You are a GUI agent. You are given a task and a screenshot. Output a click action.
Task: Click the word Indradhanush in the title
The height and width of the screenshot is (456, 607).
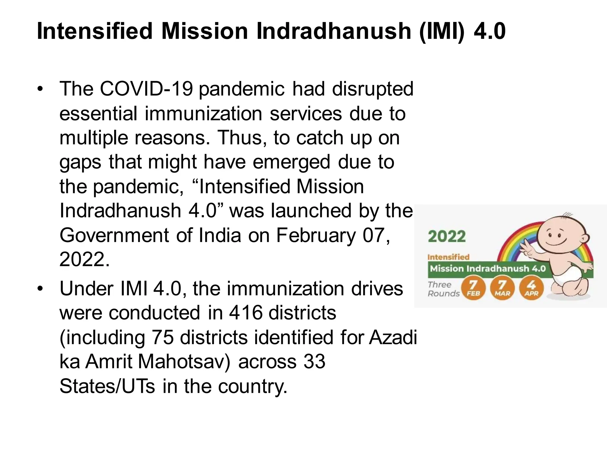[x=333, y=31]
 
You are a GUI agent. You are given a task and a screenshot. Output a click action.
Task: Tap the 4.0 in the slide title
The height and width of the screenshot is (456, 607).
[x=489, y=31]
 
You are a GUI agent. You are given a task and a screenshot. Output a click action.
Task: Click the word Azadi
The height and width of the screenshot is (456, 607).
[x=393, y=338]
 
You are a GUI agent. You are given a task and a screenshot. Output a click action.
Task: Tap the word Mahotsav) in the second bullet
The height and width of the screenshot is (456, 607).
[x=183, y=362]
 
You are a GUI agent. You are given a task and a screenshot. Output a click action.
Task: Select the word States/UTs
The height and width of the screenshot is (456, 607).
[x=107, y=386]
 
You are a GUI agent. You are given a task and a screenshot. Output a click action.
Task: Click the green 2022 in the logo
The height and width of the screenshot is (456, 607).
[x=447, y=237]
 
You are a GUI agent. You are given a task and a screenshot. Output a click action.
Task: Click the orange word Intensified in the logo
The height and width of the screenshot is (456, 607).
[x=448, y=257]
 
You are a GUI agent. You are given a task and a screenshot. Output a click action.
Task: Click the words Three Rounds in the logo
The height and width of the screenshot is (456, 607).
[x=443, y=289]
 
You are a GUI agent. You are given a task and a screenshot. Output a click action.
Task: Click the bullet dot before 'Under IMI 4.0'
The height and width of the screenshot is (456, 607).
[x=40, y=289]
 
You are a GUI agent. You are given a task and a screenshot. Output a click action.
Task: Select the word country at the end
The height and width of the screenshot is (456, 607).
[x=253, y=386]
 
